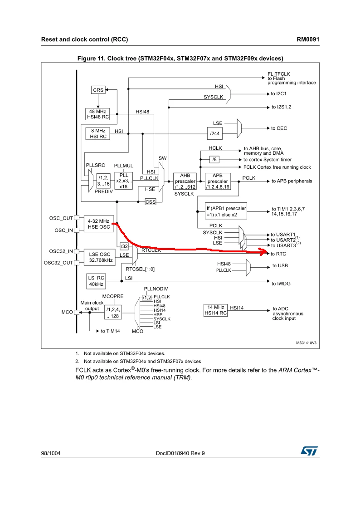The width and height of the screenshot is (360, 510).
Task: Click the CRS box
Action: pyautogui.click(x=98, y=90)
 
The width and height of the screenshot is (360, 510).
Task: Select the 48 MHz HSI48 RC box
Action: pyautogui.click(x=97, y=114)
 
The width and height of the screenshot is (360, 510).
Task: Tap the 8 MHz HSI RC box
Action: pyautogui.click(x=98, y=134)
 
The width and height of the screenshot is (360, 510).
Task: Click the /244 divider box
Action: pyautogui.click(x=215, y=133)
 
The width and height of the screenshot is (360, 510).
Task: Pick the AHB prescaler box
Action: pyautogui.click(x=185, y=181)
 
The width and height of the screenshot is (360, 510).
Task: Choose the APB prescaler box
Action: pyautogui.click(x=218, y=181)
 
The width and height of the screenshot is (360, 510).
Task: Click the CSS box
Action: pyautogui.click(x=150, y=202)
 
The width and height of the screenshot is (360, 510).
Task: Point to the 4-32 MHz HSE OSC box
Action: pyautogui.click(x=99, y=224)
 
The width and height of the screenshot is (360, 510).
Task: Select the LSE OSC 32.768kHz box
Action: pyautogui.click(x=100, y=257)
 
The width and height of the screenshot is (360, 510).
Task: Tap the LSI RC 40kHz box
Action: pyautogui.click(x=96, y=281)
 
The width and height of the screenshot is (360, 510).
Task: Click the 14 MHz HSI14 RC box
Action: pyautogui.click(x=215, y=310)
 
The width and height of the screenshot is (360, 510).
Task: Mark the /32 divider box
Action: pyautogui.click(x=124, y=246)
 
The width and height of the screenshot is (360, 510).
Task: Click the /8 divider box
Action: pyautogui.click(x=214, y=159)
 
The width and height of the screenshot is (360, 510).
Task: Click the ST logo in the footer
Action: pyautogui.click(x=309, y=451)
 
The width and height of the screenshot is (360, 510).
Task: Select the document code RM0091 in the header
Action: pyautogui.click(x=308, y=39)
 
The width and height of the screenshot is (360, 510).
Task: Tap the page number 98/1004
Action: pyautogui.click(x=51, y=453)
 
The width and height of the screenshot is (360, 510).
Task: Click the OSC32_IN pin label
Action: pyautogui.click(x=61, y=251)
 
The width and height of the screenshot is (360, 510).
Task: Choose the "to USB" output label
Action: pyautogui.click(x=280, y=265)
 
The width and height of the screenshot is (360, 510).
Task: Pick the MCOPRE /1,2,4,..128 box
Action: pyautogui.click(x=113, y=313)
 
